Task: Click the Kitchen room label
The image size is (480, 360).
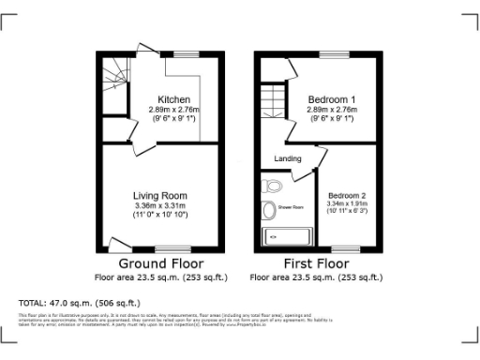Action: tap(174, 99)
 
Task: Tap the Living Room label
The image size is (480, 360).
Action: tap(161, 195)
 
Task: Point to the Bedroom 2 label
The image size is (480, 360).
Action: tap(346, 194)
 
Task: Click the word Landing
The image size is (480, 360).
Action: tap(287, 158)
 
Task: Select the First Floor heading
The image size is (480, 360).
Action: tap(319, 264)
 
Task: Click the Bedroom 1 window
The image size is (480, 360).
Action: tap(333, 57)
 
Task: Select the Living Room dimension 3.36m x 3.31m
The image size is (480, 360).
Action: tap(161, 205)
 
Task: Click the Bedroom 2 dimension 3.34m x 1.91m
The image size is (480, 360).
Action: tap(346, 203)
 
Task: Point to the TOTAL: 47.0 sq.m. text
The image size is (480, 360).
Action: tap(79, 303)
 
